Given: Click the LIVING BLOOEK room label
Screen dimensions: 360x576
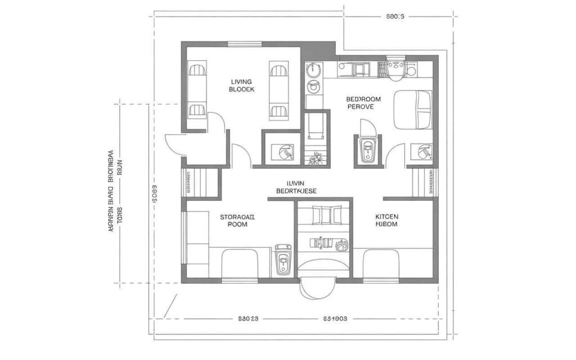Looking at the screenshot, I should point(242,85).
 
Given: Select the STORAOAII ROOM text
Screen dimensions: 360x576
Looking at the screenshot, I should point(237,219).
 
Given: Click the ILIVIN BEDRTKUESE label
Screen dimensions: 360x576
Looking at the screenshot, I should point(296,187).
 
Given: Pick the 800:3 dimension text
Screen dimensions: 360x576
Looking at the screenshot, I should point(395,17).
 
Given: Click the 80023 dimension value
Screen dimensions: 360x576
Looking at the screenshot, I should point(248,318).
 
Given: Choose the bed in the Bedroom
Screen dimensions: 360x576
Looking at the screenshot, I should point(413,109).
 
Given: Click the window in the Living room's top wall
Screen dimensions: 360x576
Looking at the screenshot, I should point(245,44).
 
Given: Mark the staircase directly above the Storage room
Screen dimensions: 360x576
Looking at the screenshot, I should point(201,182).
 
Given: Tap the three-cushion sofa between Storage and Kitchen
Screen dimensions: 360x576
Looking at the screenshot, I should point(323,215).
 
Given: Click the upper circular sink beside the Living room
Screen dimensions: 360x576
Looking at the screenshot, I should point(313,70).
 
